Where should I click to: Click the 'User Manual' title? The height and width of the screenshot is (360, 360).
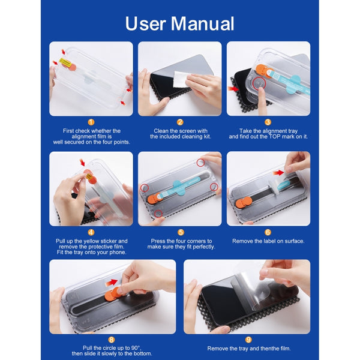tap(179, 23)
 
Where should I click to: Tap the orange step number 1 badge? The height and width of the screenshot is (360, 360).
tap(91, 122)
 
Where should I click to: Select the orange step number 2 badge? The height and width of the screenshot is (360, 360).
tap(180, 122)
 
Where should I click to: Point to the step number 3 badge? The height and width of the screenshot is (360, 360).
tap(268, 122)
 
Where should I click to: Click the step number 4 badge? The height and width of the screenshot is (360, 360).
tap(91, 232)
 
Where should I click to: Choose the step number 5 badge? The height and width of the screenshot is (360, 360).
tap(181, 232)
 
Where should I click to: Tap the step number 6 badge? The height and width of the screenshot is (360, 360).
tap(268, 232)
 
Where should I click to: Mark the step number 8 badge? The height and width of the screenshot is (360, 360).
tap(112, 340)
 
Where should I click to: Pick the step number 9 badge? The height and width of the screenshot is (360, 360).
tap(248, 340)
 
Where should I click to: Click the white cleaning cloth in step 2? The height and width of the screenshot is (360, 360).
tap(181, 79)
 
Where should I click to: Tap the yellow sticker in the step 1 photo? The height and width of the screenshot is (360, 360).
tap(65, 62)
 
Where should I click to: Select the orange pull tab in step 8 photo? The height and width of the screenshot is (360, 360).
tap(113, 293)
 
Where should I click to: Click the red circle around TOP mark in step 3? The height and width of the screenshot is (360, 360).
tap(259, 83)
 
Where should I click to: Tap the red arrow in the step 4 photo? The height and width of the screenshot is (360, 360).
tap(82, 163)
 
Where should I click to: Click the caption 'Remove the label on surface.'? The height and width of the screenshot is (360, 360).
tap(268, 241)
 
